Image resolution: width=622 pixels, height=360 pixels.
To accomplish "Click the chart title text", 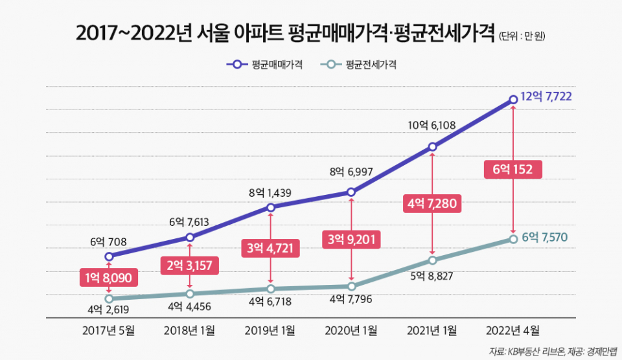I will tap(285, 33).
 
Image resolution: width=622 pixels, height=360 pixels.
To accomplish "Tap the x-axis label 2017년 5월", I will tap(109, 331).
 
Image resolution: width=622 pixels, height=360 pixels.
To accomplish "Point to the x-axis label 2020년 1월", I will tap(351, 331).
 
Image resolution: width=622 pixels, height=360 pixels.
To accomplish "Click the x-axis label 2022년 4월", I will tap(513, 331).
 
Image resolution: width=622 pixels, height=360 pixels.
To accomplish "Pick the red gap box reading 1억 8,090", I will tap(109, 278).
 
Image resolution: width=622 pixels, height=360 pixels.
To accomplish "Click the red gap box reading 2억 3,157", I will tap(189, 264).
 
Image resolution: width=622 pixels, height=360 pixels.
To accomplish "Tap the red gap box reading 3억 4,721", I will tap(270, 247).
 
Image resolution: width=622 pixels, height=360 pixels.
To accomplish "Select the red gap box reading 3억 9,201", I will tap(351, 239).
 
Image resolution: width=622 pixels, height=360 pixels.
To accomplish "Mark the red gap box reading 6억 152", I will tap(513, 170).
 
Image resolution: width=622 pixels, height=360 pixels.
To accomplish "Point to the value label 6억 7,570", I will tap(545, 237).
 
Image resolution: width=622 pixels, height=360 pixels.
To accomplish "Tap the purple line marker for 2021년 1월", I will tap(432, 147).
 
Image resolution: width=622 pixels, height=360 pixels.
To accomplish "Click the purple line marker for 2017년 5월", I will tap(109, 256).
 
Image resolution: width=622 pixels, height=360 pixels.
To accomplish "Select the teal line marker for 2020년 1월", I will tap(351, 286).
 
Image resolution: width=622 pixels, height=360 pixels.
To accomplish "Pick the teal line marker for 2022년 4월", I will tap(513, 239).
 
